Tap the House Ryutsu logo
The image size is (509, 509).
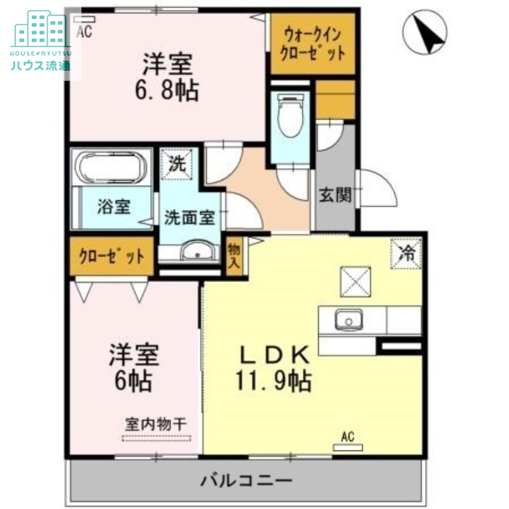41,42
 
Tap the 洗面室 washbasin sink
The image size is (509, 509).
199,252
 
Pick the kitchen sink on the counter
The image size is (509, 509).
347,319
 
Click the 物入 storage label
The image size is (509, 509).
234,254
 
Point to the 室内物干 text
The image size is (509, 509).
157,424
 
